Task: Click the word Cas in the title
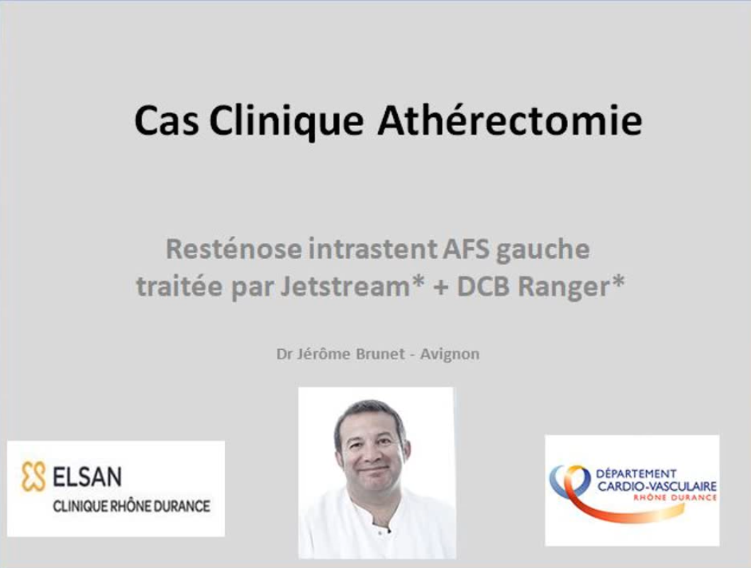tap(166, 120)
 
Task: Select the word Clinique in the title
tap(286, 122)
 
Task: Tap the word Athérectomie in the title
tap(510, 120)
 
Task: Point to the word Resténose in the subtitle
tap(234, 249)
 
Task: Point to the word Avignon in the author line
tap(450, 355)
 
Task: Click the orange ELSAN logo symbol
tap(33, 476)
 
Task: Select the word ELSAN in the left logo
tap(87, 477)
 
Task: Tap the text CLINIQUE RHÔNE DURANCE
tap(131, 506)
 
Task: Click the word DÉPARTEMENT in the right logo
tap(635, 474)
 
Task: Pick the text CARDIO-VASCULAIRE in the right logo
tap(657, 487)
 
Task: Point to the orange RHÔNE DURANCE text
tap(675, 498)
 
